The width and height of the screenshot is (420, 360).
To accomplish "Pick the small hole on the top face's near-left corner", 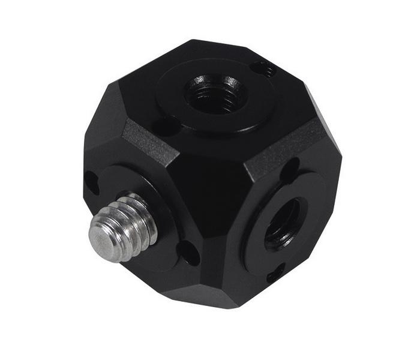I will tap(161, 127).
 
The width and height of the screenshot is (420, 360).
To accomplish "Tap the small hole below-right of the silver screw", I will tap(188, 253).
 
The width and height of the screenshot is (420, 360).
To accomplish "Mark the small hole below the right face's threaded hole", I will tap(275, 273).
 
